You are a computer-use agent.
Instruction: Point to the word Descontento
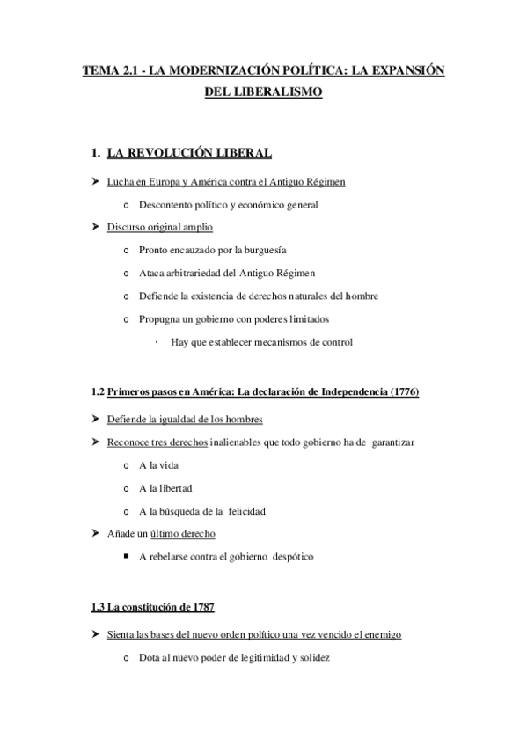pos(169,205)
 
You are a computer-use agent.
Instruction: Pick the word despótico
pos(285,556)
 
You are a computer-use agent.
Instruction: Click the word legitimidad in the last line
pos(252,657)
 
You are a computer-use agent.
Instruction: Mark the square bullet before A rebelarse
pos(129,556)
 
